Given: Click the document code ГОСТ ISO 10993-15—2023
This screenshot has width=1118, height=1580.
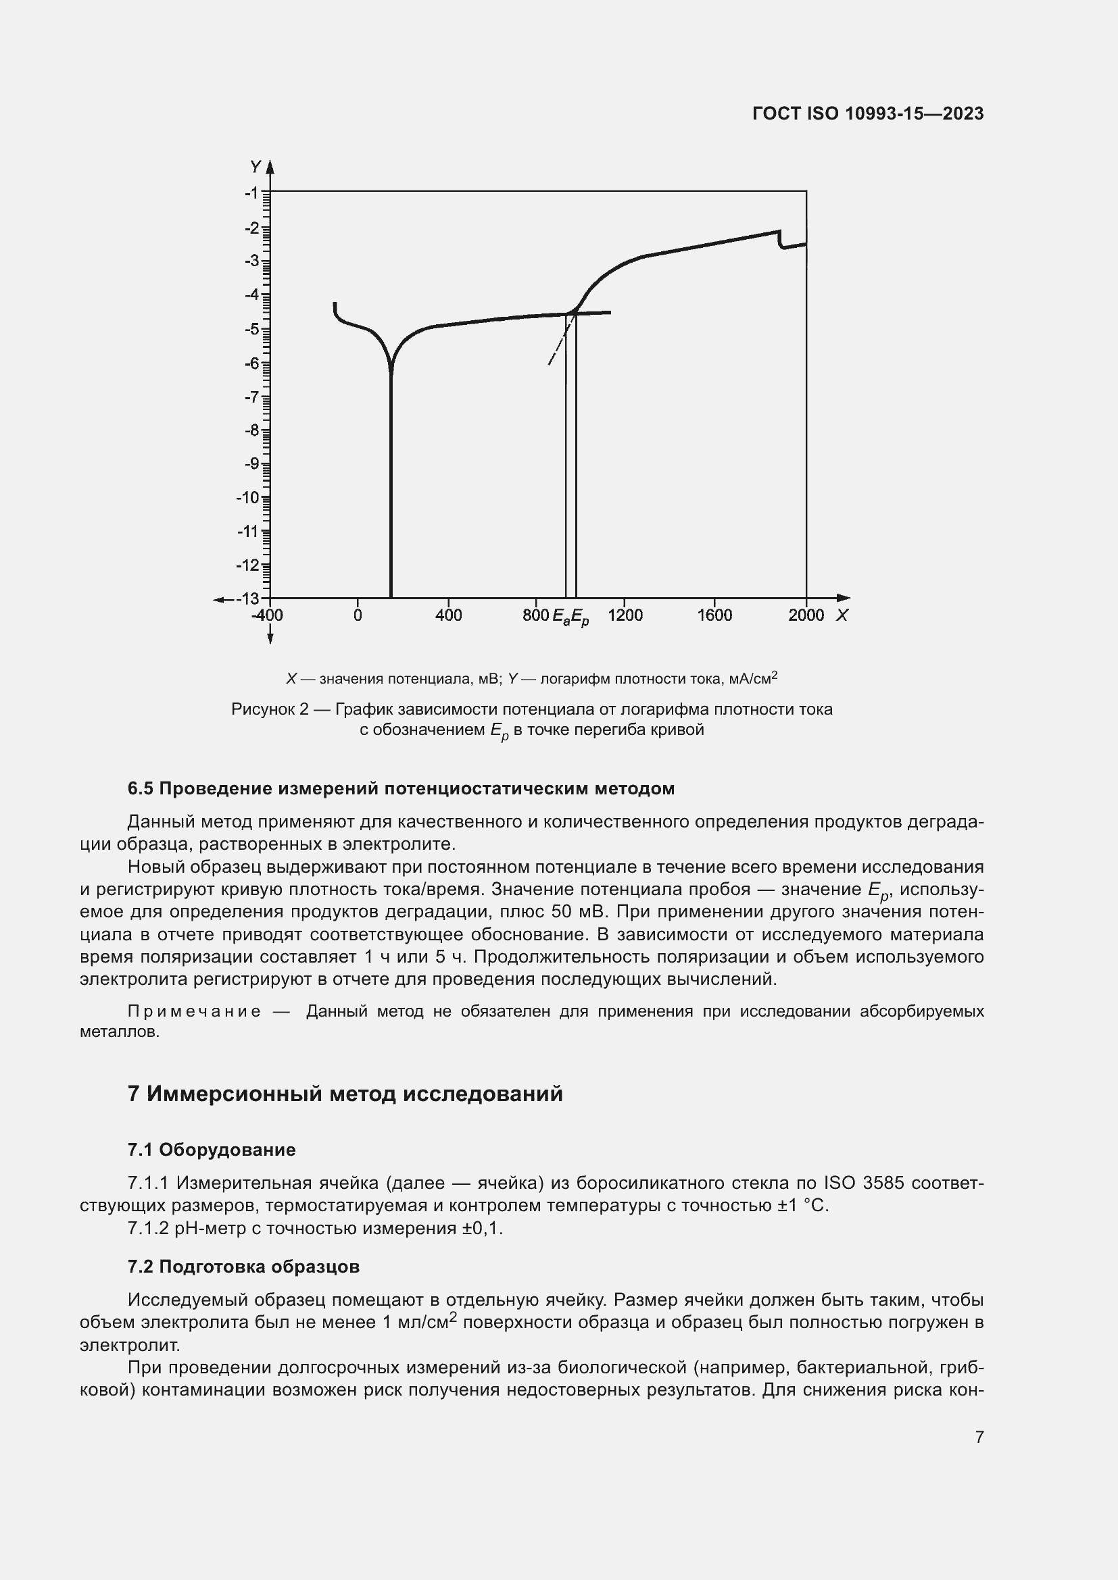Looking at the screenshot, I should pos(867,113).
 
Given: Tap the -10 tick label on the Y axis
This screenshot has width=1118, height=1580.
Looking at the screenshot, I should pos(248,498).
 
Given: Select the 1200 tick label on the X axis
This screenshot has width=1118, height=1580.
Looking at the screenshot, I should pos(625,615).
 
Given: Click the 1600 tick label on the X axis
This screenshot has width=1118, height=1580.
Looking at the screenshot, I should pos(714,615).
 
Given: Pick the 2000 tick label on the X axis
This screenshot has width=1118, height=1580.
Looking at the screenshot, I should pos(806,615).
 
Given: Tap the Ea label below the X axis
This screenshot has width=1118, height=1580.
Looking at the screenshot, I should pos(561,617).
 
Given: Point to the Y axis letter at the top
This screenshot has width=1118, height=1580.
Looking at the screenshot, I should pos(256,167).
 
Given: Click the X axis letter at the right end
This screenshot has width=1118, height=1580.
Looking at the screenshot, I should pos(842,615).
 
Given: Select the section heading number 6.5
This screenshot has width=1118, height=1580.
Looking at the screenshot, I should pos(141,788).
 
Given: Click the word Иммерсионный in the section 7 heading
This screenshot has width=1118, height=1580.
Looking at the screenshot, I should pos(234,1094).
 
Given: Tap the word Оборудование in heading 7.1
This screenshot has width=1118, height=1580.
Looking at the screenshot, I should pos(227,1149).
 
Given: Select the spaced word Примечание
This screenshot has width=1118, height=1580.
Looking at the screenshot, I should pos(194,1011).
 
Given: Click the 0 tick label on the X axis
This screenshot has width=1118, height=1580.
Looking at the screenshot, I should pos(358,615).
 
